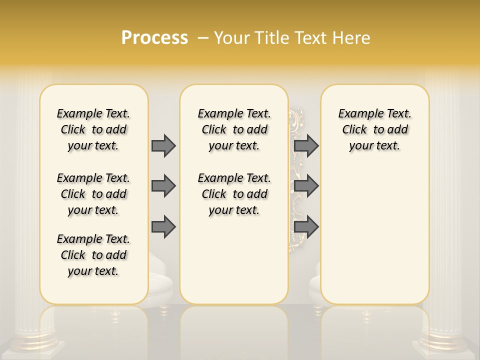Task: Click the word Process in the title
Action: tap(154, 38)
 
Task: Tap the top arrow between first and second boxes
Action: tap(163, 145)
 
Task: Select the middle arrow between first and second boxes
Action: tap(163, 186)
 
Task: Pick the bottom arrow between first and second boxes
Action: tap(163, 227)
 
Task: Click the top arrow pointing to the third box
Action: tap(306, 145)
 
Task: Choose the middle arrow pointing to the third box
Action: tap(306, 186)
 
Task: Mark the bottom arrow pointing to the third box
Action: tap(306, 227)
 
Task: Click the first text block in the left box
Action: tap(93, 129)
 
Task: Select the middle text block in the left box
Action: tap(93, 194)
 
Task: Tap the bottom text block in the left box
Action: tap(93, 255)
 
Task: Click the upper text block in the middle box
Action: tap(234, 129)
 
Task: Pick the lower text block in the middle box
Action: tap(234, 194)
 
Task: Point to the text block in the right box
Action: tap(374, 129)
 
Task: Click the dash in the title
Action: tap(203, 38)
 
